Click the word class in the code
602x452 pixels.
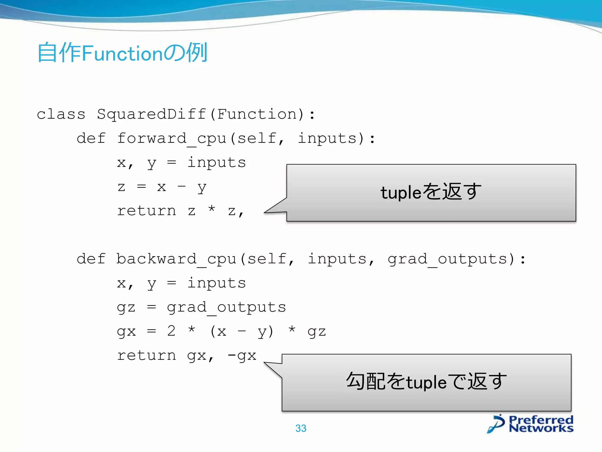pos(61,114)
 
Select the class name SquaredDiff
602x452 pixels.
pos(151,114)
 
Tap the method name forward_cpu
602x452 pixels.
pos(172,138)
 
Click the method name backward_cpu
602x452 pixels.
pos(176,259)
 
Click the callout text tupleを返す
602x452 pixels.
pos(431,192)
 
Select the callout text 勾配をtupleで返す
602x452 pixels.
pos(426,382)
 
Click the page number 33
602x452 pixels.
pos(301,428)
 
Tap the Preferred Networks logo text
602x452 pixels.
pos(541,424)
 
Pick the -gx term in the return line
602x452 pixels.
pos(242,355)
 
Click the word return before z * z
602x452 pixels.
pos(146,211)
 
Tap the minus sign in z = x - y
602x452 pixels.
pos(182,186)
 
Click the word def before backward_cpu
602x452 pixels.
pos(91,259)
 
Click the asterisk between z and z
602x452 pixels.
pos(212,209)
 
